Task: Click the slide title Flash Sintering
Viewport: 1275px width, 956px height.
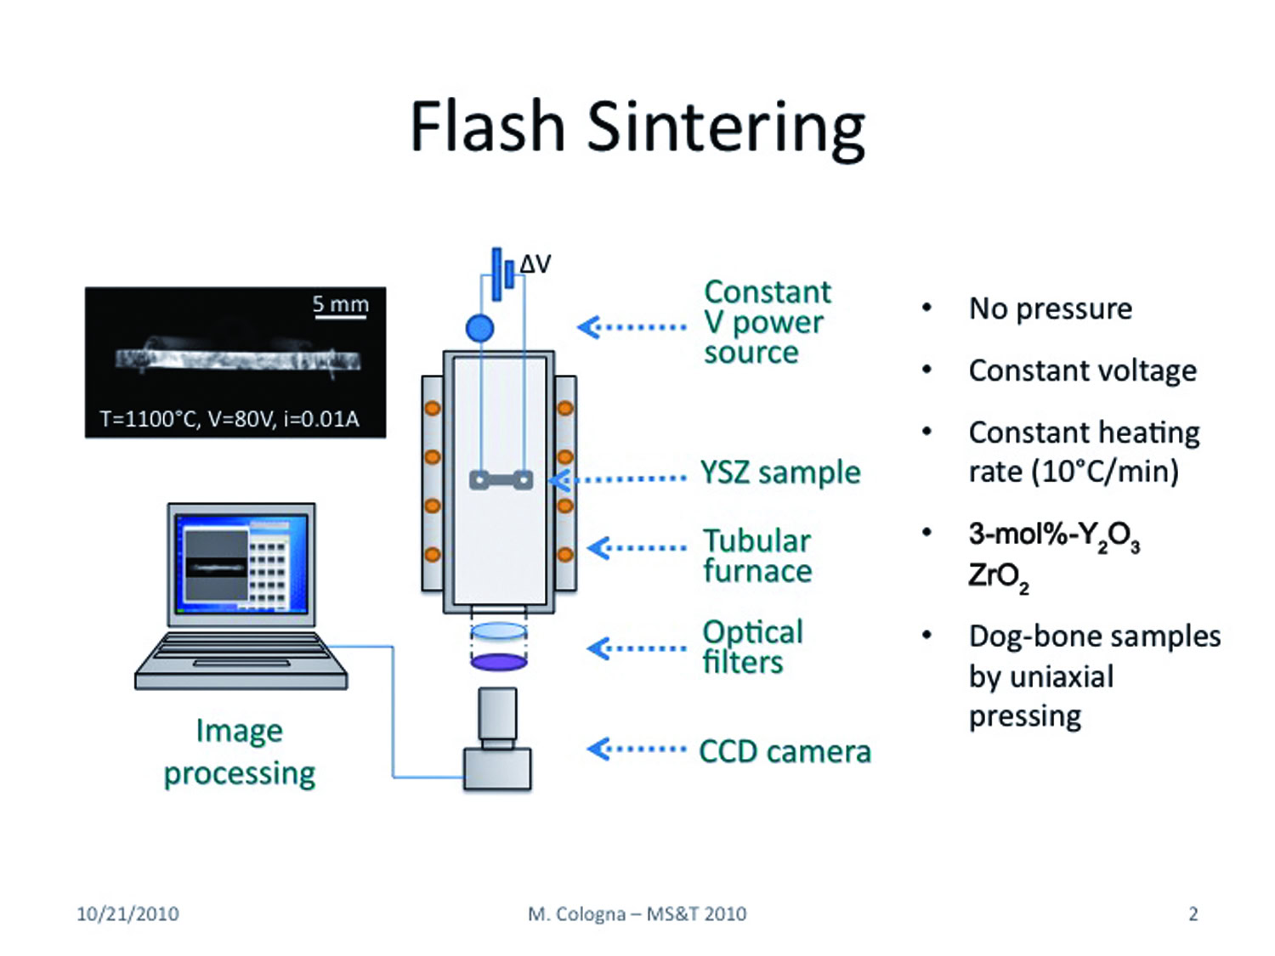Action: (637, 128)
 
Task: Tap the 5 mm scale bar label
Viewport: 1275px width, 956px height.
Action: (340, 303)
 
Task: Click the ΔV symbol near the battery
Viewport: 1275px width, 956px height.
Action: (535, 264)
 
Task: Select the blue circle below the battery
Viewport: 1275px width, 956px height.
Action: (479, 329)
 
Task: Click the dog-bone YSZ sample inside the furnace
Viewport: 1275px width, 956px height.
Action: (501, 480)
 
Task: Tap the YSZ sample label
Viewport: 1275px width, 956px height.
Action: (780, 472)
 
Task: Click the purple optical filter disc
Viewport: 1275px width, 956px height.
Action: (498, 661)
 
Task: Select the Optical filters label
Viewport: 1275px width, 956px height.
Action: (753, 647)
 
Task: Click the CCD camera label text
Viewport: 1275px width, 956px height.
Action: (785, 751)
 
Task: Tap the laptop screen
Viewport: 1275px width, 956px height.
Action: (241, 563)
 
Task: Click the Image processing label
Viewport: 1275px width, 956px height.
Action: (240, 753)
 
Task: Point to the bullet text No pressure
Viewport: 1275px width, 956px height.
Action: (1051, 308)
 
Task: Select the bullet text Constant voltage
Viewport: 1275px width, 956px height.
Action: (1083, 371)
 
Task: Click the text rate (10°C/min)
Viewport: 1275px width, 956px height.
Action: (1074, 471)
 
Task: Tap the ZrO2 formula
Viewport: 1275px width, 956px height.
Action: (998, 577)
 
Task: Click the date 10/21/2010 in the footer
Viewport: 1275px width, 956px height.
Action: (127, 914)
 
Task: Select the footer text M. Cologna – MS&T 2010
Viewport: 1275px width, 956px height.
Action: (637, 914)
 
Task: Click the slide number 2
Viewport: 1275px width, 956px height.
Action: (1193, 914)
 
